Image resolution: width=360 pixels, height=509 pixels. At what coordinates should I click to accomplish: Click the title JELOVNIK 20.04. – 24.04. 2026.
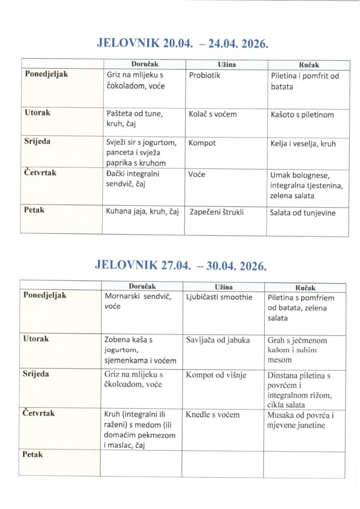[x=182, y=43]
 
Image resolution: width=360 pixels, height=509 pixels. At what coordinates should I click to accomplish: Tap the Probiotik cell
[x=205, y=75]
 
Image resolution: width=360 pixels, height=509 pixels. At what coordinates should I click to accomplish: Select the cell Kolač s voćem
[x=213, y=114]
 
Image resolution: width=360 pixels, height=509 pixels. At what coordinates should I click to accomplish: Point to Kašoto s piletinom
[x=302, y=115]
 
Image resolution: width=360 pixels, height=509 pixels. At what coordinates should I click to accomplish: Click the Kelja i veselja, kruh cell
[x=303, y=144]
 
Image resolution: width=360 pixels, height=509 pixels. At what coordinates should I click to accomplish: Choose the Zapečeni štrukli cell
[x=216, y=212]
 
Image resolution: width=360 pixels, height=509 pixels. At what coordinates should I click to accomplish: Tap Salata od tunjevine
[x=303, y=213]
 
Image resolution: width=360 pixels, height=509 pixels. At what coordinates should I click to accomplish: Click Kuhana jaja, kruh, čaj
[x=143, y=212]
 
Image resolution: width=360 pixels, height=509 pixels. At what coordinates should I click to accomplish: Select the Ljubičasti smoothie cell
[x=219, y=297]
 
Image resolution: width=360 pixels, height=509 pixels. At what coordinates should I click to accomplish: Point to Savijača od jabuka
[x=218, y=340]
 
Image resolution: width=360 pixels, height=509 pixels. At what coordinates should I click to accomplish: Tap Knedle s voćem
[x=213, y=415]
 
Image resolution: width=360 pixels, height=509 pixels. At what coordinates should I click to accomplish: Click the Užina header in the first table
[x=226, y=64]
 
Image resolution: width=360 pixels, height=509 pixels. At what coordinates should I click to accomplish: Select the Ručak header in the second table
[x=305, y=287]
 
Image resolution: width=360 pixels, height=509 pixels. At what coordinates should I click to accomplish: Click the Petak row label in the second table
[x=33, y=454]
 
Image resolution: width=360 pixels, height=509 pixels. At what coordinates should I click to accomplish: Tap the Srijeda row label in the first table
[x=37, y=141]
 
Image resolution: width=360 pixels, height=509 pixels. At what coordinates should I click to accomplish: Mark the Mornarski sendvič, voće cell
[x=137, y=302]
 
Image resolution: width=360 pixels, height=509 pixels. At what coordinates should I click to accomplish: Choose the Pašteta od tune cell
[x=135, y=118]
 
